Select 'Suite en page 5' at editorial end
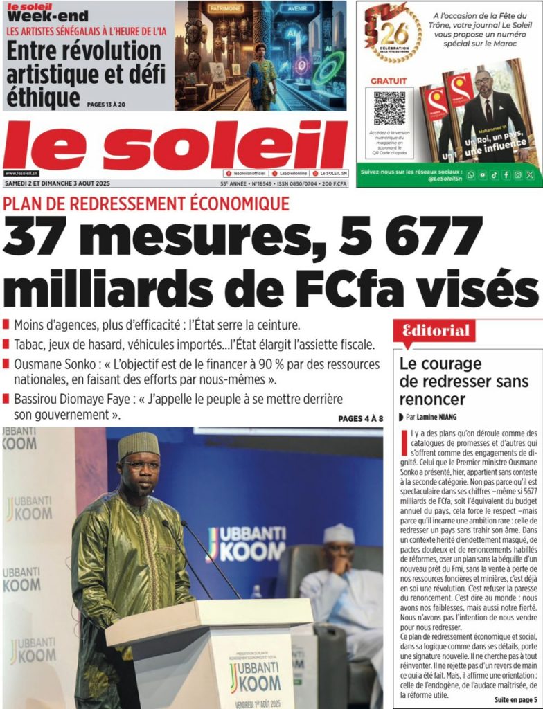click(515, 699)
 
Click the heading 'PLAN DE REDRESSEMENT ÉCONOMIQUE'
click(146, 204)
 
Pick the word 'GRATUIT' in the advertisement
click(389, 81)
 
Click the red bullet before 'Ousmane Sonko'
click(7, 364)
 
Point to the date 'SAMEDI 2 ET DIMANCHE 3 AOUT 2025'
click(57, 183)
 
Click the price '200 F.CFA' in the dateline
click(332, 183)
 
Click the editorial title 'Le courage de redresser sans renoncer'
click(464, 382)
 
